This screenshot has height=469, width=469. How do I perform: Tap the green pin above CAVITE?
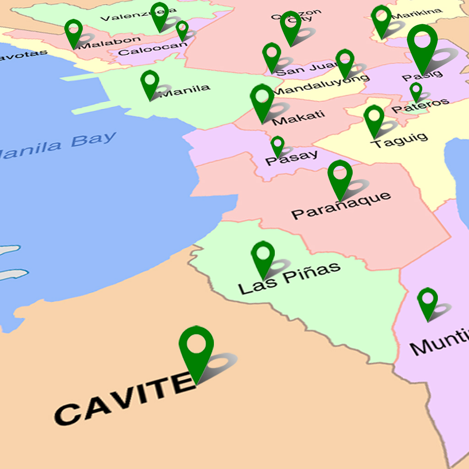196,348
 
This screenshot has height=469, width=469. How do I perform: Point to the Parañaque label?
341,206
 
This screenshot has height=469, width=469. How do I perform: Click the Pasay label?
291,157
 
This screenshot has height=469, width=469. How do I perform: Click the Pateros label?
420,105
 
